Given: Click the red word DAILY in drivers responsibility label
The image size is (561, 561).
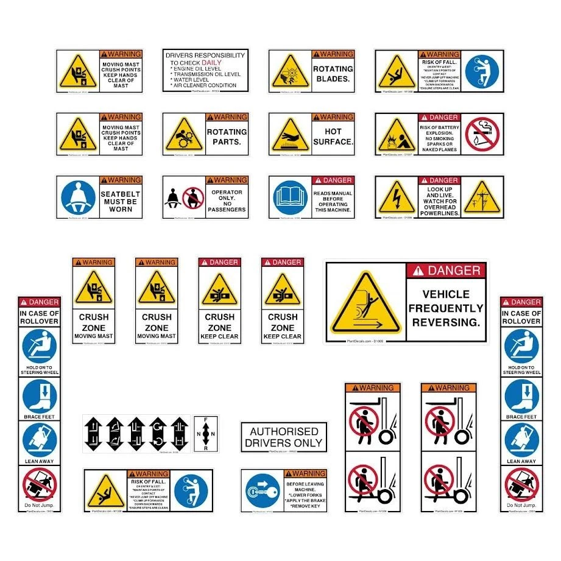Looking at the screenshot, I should click(x=211, y=63).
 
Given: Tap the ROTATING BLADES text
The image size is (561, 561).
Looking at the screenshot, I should click(x=333, y=74).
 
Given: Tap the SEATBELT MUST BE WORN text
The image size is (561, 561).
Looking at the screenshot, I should click(x=121, y=202).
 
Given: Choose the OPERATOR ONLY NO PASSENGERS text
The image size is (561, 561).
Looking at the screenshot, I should click(x=227, y=201).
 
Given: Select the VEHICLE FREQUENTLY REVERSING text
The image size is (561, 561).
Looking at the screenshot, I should click(x=445, y=308).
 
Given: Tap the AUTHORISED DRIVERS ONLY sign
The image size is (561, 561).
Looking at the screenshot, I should click(x=284, y=437).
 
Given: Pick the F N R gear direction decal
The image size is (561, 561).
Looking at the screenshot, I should click(x=206, y=434).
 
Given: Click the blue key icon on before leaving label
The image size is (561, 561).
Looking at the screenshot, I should click(x=263, y=492).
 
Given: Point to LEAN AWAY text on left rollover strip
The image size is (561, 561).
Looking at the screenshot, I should click(x=39, y=461).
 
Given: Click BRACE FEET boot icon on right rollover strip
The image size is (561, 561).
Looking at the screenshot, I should click(x=521, y=397).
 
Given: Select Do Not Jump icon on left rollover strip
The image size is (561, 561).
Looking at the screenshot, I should click(x=39, y=484).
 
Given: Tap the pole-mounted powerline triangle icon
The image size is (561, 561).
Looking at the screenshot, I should click(x=481, y=199).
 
